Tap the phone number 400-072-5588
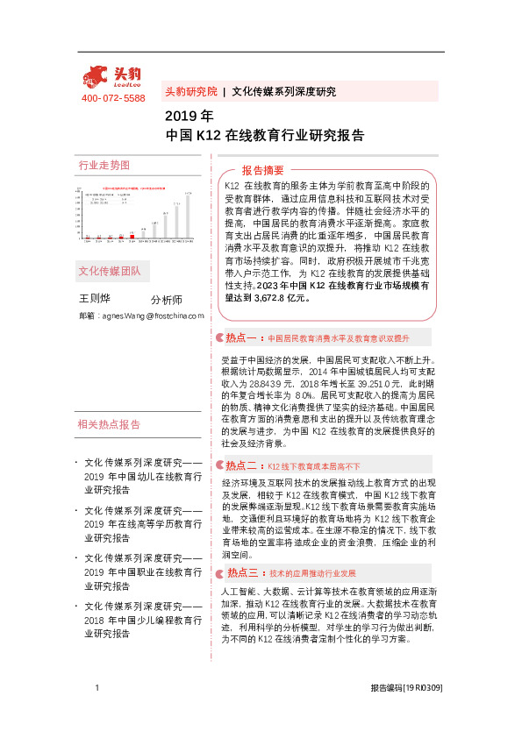click(x=113, y=98)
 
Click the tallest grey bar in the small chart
click(x=187, y=215)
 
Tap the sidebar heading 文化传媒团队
click(x=110, y=270)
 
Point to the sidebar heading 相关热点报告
click(x=110, y=424)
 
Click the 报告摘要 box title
click(x=262, y=170)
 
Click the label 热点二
click(x=240, y=465)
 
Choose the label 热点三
click(x=240, y=572)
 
